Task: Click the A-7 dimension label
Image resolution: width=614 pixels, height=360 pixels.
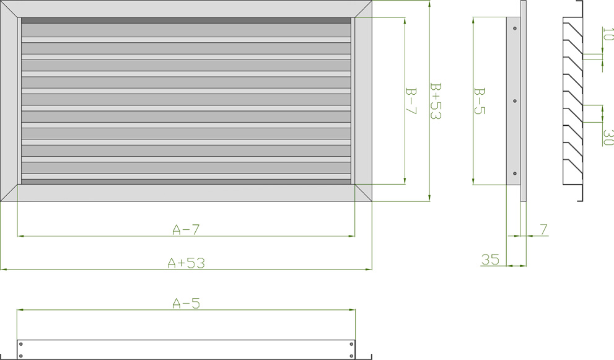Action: click(186, 229)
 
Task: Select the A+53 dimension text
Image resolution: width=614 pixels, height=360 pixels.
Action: click(186, 263)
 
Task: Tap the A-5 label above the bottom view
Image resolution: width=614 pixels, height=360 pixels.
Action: click(186, 303)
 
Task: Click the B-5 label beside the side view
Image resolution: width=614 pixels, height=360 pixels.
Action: click(479, 100)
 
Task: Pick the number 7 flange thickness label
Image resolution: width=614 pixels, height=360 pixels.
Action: click(543, 229)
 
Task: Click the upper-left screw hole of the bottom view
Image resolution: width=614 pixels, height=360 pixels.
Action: click(21, 343)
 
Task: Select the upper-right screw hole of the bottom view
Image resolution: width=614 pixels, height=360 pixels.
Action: click(351, 343)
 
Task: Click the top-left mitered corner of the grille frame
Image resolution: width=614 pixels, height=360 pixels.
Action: click(11, 9)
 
